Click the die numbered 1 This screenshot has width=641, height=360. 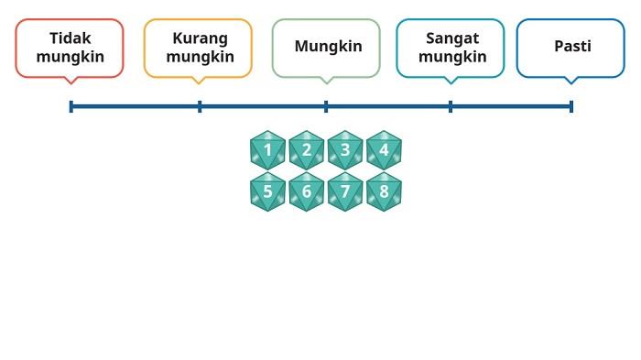click(267, 150)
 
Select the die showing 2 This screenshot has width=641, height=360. click(307, 150)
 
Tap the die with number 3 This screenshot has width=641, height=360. click(345, 150)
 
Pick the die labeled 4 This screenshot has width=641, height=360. click(384, 150)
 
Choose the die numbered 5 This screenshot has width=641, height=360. click(267, 191)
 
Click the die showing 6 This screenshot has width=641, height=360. click(307, 191)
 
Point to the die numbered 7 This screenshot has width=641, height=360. click(345, 191)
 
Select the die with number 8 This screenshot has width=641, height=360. click(384, 191)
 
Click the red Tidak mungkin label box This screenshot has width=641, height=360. click(70, 48)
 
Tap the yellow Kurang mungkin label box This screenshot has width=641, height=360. click(198, 48)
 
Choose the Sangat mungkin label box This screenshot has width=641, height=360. click(450, 48)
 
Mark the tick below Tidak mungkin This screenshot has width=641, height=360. click(71, 106)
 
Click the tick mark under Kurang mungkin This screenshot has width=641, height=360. click(200, 106)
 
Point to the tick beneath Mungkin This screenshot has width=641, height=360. click(326, 106)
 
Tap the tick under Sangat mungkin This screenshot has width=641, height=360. click(451, 106)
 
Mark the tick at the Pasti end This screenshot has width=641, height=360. click(571, 106)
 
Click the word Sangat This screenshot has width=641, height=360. click(452, 38)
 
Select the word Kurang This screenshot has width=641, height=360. click(200, 38)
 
